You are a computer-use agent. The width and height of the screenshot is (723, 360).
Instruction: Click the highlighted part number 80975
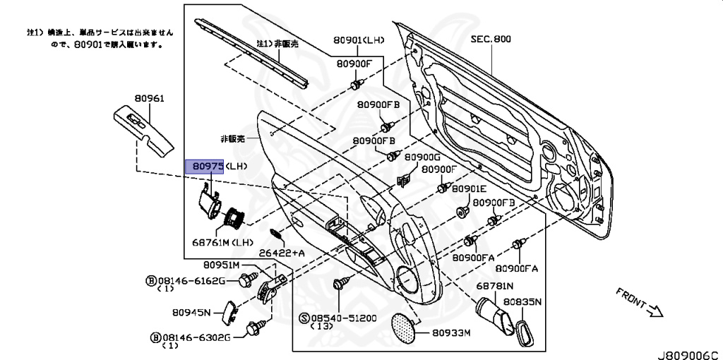coord(204,167)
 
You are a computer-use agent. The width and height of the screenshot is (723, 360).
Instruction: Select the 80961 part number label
coord(148,99)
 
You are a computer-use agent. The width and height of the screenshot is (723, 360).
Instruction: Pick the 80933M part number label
coord(452,332)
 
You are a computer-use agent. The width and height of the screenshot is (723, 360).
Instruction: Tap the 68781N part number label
coord(494,287)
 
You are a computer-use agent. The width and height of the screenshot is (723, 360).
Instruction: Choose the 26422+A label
coord(281,252)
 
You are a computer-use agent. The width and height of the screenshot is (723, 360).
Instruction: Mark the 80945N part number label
coord(191,311)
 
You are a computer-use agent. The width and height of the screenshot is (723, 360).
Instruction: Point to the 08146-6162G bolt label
coord(191,281)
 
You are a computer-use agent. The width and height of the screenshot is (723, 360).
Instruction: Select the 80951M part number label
coord(222,265)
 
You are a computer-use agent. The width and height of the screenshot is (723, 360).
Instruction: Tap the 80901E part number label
coord(470,189)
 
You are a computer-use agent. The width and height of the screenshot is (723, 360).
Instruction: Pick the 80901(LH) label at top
coord(359,40)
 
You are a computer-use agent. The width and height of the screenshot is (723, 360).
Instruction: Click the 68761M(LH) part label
coord(222,241)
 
